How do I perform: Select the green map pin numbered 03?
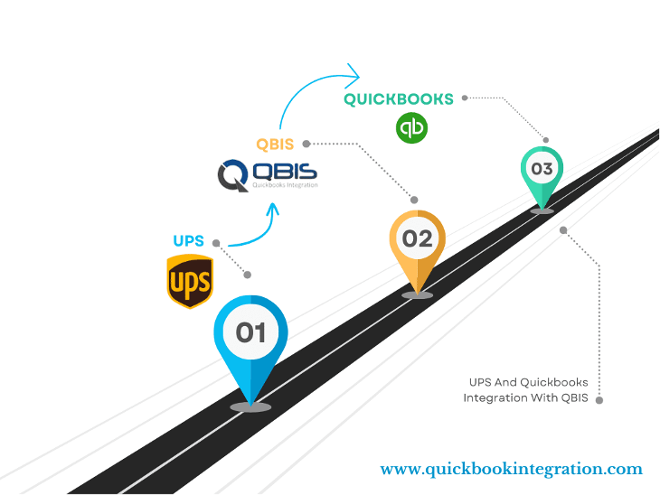(x=542, y=170)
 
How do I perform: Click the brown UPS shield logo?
(x=190, y=281)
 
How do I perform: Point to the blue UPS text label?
(x=189, y=241)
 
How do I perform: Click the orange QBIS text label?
(x=276, y=144)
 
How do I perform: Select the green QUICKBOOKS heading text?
(x=399, y=99)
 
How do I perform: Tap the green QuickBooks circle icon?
(x=411, y=127)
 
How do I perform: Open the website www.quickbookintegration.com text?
(x=511, y=469)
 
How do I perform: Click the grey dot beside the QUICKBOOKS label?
(x=465, y=98)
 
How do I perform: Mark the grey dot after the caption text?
(x=599, y=398)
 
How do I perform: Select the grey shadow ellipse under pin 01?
(x=250, y=407)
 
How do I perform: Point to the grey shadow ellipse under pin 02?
(x=417, y=294)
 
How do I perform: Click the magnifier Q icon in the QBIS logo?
(x=233, y=174)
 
